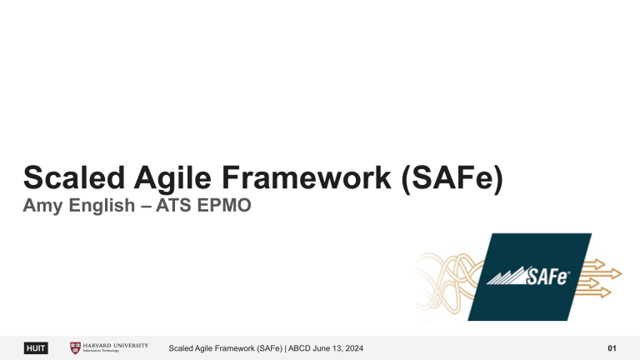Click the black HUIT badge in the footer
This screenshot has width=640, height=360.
[x=36, y=347]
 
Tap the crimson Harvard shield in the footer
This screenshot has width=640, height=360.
[x=76, y=347]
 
